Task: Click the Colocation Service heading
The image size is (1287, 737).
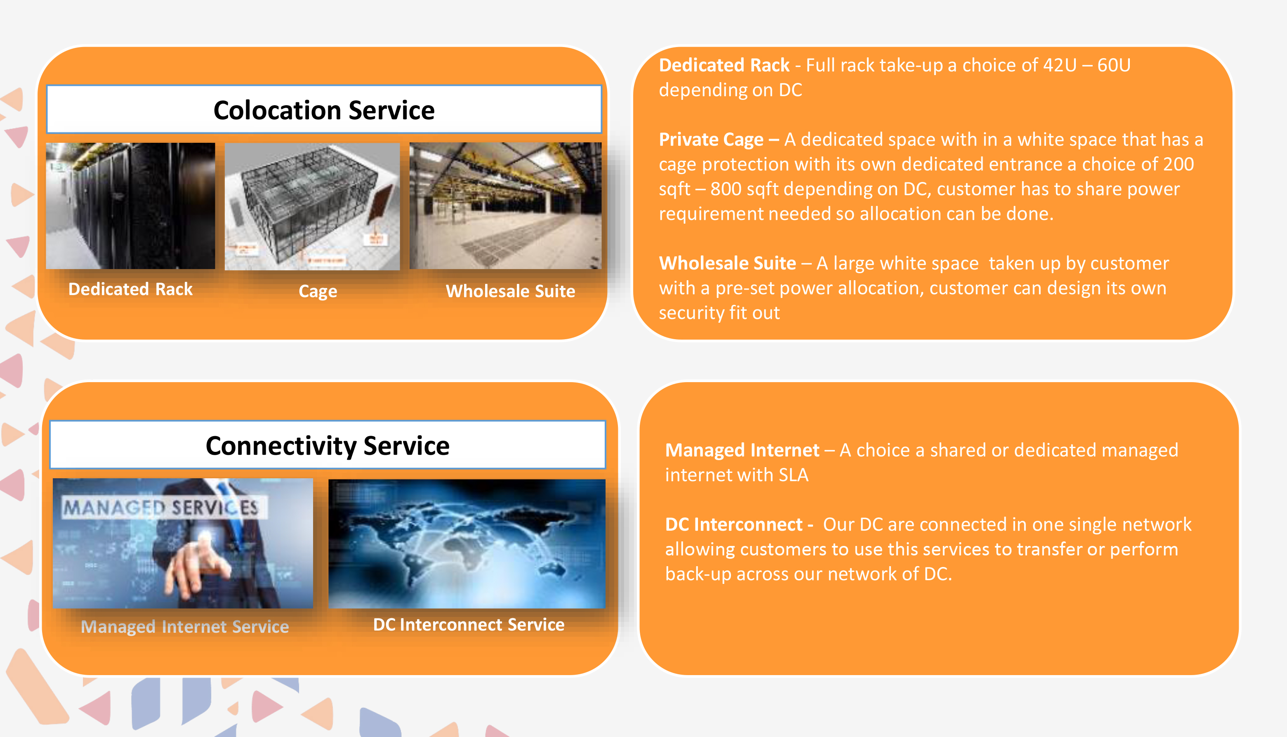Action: pyautogui.click(x=324, y=110)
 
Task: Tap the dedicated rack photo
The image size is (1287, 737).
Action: pyautogui.click(x=130, y=206)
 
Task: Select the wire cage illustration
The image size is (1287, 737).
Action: pyautogui.click(x=312, y=206)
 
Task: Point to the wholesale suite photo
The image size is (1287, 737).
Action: pyautogui.click(x=505, y=206)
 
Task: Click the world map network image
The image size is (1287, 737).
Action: pyautogui.click(x=467, y=543)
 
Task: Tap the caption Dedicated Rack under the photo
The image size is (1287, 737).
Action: pyautogui.click(x=130, y=289)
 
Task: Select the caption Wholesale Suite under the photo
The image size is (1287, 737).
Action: pyautogui.click(x=510, y=291)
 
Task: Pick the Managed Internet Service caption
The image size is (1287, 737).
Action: pyautogui.click(x=185, y=627)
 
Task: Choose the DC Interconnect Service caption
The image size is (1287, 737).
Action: pyautogui.click(x=469, y=625)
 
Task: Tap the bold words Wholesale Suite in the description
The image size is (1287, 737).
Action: pyautogui.click(x=728, y=263)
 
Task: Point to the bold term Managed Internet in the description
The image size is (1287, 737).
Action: pyautogui.click(x=742, y=450)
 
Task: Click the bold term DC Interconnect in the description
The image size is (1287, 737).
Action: pyautogui.click(x=733, y=524)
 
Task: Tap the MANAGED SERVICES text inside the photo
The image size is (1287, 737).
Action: pyautogui.click(x=161, y=507)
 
